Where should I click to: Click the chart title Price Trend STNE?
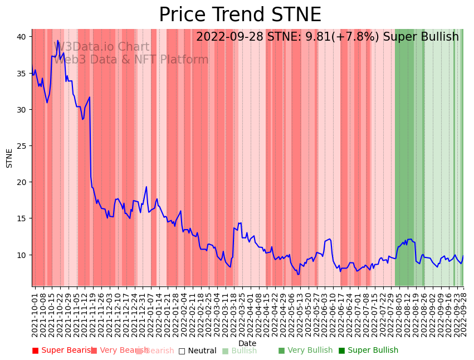coord(240,15)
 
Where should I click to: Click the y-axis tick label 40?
coord(21,37)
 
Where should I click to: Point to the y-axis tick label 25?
coord(21,146)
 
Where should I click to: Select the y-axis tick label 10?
coord(21,255)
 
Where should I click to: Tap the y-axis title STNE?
coord(9,158)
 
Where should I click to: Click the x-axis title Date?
coord(247,343)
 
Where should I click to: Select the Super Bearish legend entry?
coord(62,351)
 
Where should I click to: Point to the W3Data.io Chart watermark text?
coord(101,47)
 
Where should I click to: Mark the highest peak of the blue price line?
coord(58,41)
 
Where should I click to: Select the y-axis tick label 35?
coord(21,74)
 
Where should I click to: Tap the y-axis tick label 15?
coord(21,218)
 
